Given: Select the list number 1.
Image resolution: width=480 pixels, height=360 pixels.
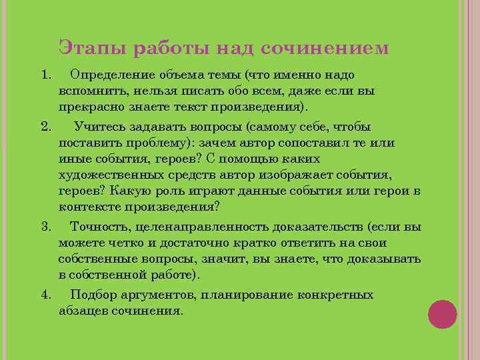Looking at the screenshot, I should [x=45, y=74].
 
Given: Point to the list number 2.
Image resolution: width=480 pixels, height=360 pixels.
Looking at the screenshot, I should [x=45, y=126].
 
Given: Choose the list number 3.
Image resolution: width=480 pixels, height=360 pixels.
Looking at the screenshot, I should [x=45, y=226].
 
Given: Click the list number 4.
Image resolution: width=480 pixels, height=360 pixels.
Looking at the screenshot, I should [x=45, y=294].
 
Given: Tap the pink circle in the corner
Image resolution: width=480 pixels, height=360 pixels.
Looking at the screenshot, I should [x=442, y=314].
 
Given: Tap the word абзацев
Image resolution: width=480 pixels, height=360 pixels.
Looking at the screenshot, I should [x=81, y=311].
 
